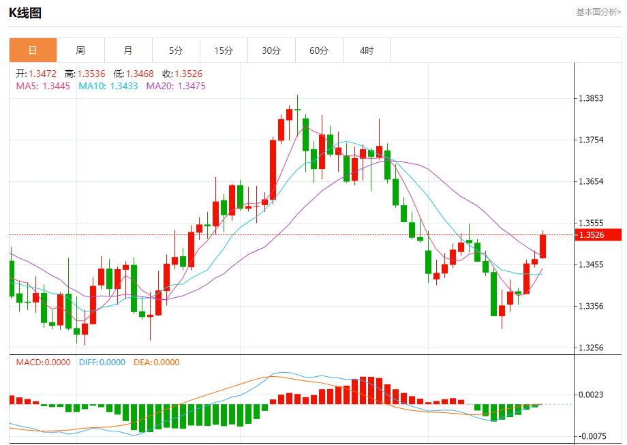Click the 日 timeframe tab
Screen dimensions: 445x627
point(33,50)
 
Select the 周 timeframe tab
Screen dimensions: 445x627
point(80,50)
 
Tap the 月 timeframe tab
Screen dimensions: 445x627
point(128,50)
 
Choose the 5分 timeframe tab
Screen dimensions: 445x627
point(176,50)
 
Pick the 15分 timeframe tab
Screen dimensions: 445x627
point(224,50)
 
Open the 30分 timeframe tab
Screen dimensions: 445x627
point(271,50)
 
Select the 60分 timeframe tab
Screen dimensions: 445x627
point(319,50)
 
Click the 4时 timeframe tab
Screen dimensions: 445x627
point(367,50)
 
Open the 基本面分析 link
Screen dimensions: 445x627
point(598,12)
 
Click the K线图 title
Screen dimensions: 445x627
point(25,13)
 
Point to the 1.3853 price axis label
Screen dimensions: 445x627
point(591,98)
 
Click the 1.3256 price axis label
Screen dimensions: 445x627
point(591,348)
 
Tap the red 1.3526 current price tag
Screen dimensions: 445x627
point(599,235)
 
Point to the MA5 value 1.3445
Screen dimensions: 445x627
point(56,86)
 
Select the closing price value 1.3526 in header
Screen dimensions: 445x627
point(188,74)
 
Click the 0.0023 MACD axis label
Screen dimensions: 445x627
point(591,395)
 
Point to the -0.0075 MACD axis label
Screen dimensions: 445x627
point(590,436)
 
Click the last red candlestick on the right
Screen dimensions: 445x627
point(543,247)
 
